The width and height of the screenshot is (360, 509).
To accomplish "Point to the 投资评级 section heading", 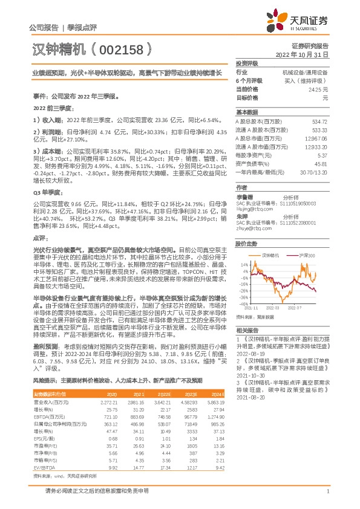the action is pyautogui.click(x=247, y=63).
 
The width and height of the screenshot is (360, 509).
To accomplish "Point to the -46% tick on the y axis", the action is pyautogui.click(x=244, y=304).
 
